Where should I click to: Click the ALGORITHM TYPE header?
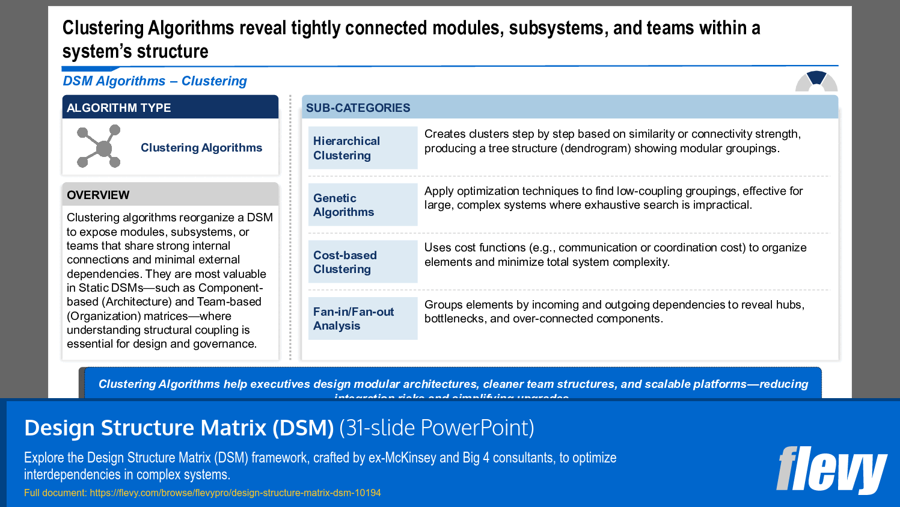pyautogui.click(x=170, y=108)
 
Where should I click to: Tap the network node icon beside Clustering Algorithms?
pyautogui.click(x=99, y=146)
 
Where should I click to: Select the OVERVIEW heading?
pyautogui.click(x=170, y=195)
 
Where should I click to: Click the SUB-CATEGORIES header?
pyautogui.click(x=569, y=108)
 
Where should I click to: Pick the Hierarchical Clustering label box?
pyautogui.click(x=363, y=148)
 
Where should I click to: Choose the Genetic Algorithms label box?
pyautogui.click(x=363, y=205)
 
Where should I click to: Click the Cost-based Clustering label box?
pyautogui.click(x=363, y=262)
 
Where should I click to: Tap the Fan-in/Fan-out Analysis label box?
pyautogui.click(x=363, y=319)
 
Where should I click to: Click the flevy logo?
pyautogui.click(x=831, y=470)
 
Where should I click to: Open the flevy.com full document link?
pyautogui.click(x=235, y=493)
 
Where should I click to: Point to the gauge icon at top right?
pyautogui.click(x=816, y=81)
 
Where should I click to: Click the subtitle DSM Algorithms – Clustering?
pyautogui.click(x=155, y=81)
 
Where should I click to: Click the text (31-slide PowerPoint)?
pyautogui.click(x=436, y=428)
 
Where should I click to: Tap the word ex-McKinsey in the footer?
pyautogui.click(x=402, y=458)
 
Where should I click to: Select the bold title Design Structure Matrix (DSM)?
pyautogui.click(x=179, y=428)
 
